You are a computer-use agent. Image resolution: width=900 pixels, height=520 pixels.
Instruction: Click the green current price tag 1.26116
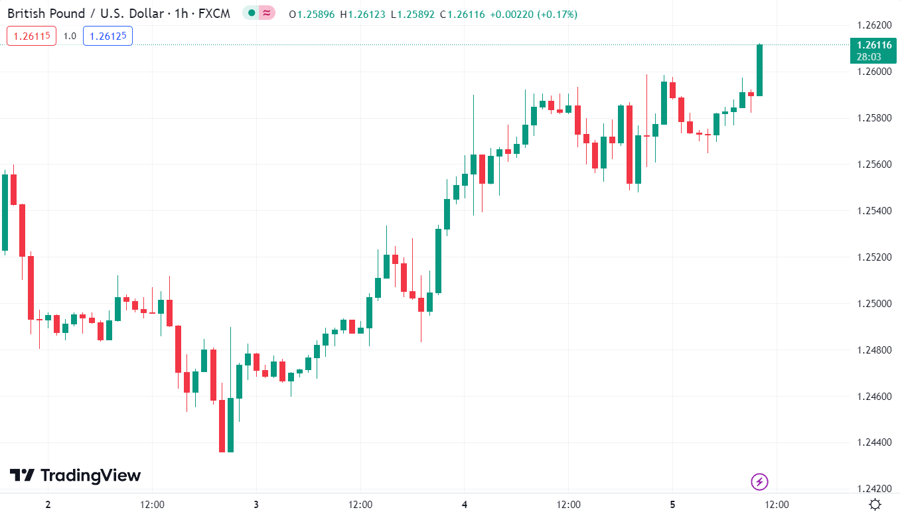tap(873, 50)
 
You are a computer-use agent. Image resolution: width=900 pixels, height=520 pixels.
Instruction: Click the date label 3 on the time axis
tap(256, 505)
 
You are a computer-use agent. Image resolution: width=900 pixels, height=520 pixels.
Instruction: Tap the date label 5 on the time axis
tap(672, 505)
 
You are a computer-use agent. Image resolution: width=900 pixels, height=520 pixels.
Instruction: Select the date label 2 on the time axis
tap(48, 505)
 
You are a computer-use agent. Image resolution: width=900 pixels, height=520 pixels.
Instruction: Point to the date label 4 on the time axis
tap(465, 505)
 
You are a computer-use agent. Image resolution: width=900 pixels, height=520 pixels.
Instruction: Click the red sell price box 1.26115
tap(31, 36)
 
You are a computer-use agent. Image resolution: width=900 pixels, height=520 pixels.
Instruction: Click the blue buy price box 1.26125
tap(108, 36)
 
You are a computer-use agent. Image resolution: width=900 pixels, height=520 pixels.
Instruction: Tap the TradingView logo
tap(75, 476)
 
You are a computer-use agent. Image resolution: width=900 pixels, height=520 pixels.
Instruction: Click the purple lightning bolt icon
tap(759, 482)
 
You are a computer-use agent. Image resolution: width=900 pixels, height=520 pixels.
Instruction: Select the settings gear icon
tap(875, 505)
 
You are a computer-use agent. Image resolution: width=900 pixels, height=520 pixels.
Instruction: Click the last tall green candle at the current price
tap(759, 70)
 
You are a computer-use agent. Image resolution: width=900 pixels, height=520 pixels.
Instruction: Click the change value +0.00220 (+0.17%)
tap(533, 14)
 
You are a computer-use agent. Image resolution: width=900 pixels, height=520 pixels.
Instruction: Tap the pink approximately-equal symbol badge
tap(267, 13)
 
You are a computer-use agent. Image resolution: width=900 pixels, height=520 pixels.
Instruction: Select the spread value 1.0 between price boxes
tap(70, 36)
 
